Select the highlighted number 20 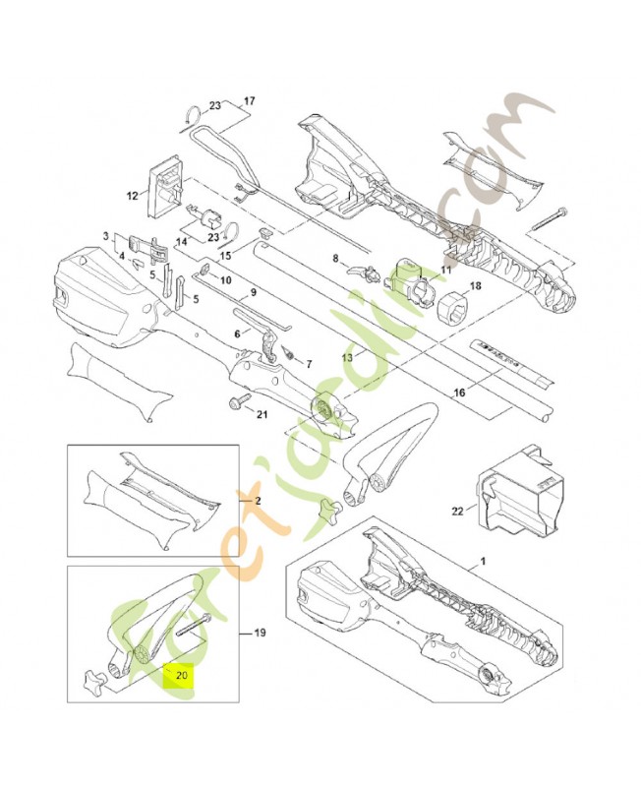click(x=181, y=676)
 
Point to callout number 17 click(x=249, y=101)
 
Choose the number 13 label click(x=346, y=357)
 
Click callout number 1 click(x=482, y=561)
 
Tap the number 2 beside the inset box click(x=259, y=501)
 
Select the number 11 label click(x=445, y=270)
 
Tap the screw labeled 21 click(x=238, y=403)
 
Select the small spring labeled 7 click(x=290, y=352)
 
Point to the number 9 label click(x=254, y=292)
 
